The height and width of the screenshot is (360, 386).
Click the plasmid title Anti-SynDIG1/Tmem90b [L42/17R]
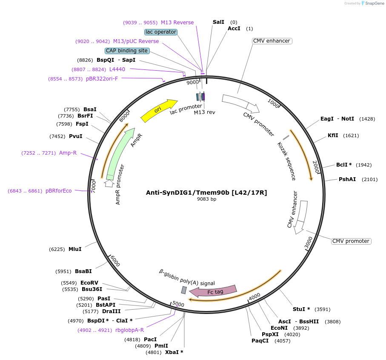click(x=206, y=193)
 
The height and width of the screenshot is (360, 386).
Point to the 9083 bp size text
click(x=206, y=199)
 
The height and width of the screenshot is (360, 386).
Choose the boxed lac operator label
click(x=161, y=32)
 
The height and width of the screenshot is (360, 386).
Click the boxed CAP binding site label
click(x=127, y=51)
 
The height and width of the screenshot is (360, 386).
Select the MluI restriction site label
click(x=75, y=249)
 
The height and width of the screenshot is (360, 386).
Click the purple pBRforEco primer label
click(x=59, y=191)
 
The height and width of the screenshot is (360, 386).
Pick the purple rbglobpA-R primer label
click(x=129, y=330)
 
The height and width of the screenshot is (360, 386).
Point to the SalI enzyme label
click(x=218, y=22)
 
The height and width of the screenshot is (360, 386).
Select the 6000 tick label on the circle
click(x=115, y=260)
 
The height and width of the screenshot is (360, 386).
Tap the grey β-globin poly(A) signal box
click(x=184, y=290)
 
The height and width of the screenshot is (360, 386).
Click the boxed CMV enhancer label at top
click(x=272, y=41)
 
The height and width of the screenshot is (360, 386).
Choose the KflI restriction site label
click(x=333, y=135)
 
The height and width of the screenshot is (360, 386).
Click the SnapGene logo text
click(x=373, y=3)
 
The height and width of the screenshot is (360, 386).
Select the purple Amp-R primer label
click(x=68, y=153)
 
